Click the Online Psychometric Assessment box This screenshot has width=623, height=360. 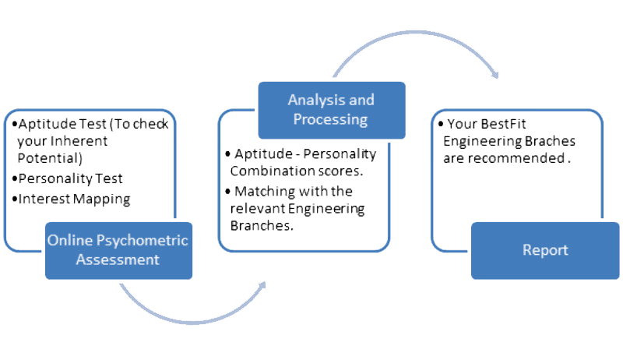(x=117, y=249)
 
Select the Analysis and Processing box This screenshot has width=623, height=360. (x=331, y=111)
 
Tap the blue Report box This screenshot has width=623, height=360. (x=545, y=250)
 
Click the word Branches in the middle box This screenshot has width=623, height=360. (x=250, y=225)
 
